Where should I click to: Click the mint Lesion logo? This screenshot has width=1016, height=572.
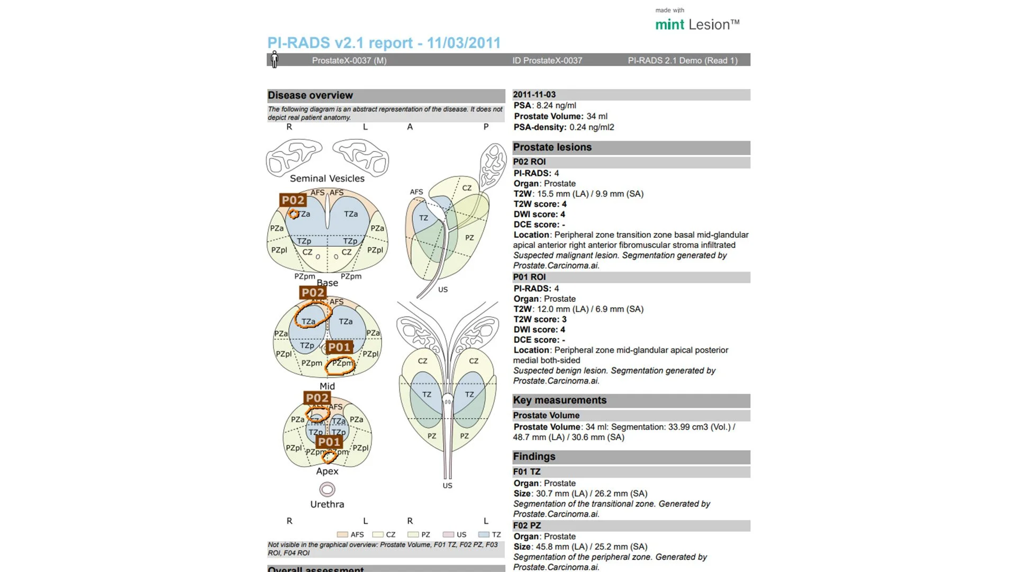697,24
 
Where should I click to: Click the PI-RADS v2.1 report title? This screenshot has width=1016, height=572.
384,43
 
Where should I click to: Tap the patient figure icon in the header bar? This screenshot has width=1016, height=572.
274,59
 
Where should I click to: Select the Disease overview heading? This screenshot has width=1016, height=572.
310,95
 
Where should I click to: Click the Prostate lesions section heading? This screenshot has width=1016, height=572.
552,147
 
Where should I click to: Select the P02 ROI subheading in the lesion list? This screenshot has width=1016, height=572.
529,162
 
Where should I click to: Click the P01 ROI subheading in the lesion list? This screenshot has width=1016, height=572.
529,277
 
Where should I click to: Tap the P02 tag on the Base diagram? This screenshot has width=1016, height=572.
293,200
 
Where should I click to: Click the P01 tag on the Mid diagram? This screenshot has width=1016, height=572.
339,347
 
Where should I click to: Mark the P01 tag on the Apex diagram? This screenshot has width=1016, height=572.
329,442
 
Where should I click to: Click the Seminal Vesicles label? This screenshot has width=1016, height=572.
327,178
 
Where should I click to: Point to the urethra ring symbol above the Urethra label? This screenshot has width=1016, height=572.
327,489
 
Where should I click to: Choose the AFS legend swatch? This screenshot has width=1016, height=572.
342,535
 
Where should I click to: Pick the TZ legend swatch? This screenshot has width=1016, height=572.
483,535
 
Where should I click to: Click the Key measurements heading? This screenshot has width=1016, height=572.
559,400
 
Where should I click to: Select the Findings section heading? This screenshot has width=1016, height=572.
534,457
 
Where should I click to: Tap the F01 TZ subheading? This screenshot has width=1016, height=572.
527,472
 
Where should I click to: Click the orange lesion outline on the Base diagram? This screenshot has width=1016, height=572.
294,214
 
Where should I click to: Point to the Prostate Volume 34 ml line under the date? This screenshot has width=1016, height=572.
560,117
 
